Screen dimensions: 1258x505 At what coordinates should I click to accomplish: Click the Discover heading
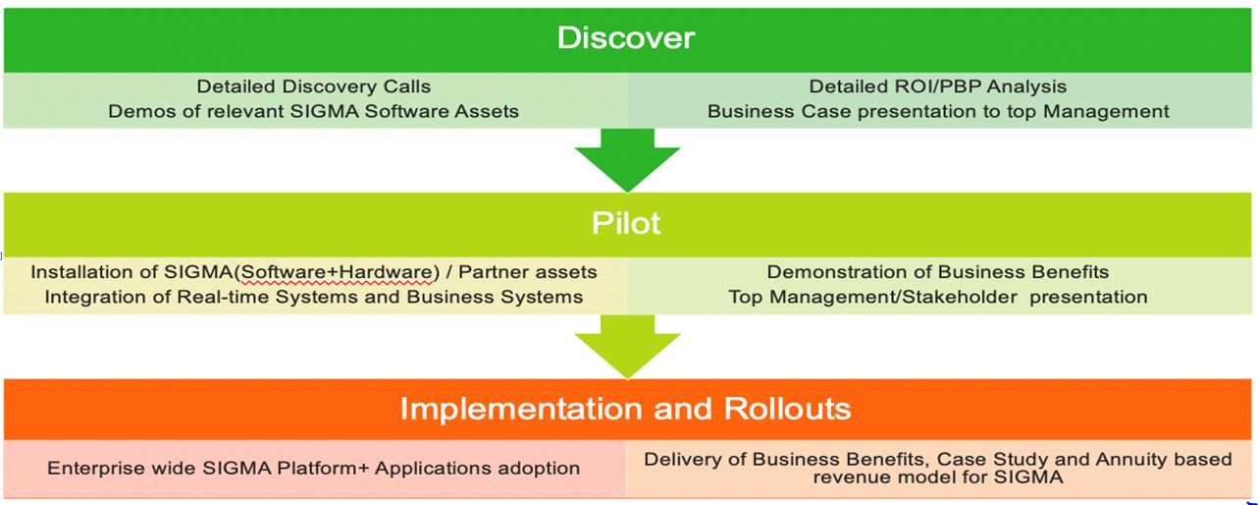point(626,38)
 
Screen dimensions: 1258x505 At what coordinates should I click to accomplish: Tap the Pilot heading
point(626,223)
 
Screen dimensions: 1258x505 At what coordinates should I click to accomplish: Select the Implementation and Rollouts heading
point(626,409)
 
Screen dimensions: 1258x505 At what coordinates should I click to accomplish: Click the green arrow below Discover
point(627,160)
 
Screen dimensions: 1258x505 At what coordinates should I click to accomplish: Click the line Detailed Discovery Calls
point(313,86)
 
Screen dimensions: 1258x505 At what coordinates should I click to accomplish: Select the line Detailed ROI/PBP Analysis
point(937,86)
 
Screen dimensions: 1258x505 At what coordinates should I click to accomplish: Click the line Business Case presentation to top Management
point(938,111)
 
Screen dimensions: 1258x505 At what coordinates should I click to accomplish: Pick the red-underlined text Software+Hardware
point(337,272)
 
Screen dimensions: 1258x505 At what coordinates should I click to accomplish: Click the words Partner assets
point(527,272)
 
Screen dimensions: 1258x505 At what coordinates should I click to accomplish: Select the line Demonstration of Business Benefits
point(938,272)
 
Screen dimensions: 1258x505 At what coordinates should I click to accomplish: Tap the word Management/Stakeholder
point(893,297)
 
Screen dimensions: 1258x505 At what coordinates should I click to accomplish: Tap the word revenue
point(853,477)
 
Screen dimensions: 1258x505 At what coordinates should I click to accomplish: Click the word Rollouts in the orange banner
point(787,409)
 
